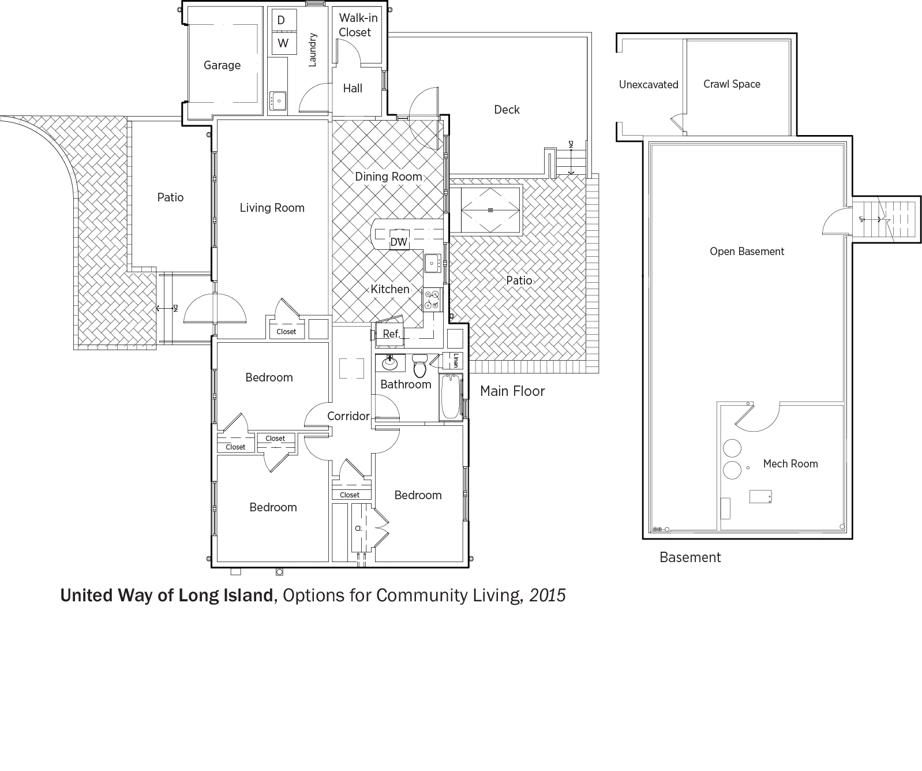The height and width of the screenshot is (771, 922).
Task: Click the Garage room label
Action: point(222,65)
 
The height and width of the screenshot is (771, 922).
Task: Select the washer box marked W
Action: point(283,43)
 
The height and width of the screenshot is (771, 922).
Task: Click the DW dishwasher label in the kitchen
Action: point(399,242)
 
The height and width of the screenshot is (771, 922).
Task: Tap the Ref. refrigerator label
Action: point(391,334)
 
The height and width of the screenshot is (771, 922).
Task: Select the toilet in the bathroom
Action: point(420,365)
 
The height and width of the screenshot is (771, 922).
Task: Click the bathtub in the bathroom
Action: point(451,397)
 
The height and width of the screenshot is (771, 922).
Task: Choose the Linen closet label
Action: point(455,360)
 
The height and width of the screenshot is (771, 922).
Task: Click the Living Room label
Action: point(272,208)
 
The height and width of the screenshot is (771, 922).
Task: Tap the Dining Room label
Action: point(388,177)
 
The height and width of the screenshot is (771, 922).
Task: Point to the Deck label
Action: point(507,110)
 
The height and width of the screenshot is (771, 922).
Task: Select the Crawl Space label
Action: point(732,84)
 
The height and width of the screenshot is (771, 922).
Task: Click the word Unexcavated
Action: point(649,85)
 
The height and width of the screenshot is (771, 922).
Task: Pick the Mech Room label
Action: point(790,463)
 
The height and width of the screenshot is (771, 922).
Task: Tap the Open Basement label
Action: point(747,252)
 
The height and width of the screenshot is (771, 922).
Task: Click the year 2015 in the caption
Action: point(548,596)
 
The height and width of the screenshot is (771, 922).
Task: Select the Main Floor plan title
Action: point(512,391)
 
